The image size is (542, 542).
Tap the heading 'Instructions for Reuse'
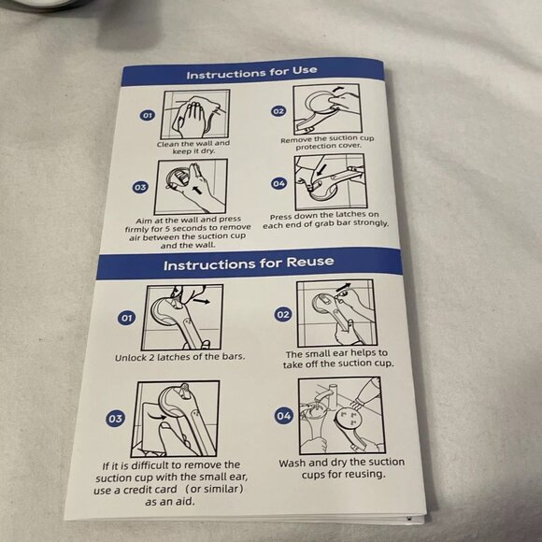(249, 264)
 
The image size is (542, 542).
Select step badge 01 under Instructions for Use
(148, 115)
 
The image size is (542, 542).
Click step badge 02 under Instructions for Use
(278, 111)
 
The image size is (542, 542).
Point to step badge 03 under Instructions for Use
(140, 187)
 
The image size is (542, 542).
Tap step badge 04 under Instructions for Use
(279, 183)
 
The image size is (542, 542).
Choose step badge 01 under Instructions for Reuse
(126, 318)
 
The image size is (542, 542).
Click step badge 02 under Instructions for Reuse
(283, 314)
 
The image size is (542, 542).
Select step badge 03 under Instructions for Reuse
(115, 419)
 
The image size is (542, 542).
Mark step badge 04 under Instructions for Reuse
(283, 416)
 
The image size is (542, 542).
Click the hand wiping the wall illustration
(193, 116)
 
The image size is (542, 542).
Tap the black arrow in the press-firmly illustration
(196, 190)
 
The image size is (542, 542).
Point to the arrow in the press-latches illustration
(321, 169)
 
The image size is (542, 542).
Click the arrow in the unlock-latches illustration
(202, 302)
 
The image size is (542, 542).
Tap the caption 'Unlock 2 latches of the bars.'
(179, 357)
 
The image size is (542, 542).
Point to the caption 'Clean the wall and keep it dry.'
(193, 148)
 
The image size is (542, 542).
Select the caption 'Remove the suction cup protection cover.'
(327, 142)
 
